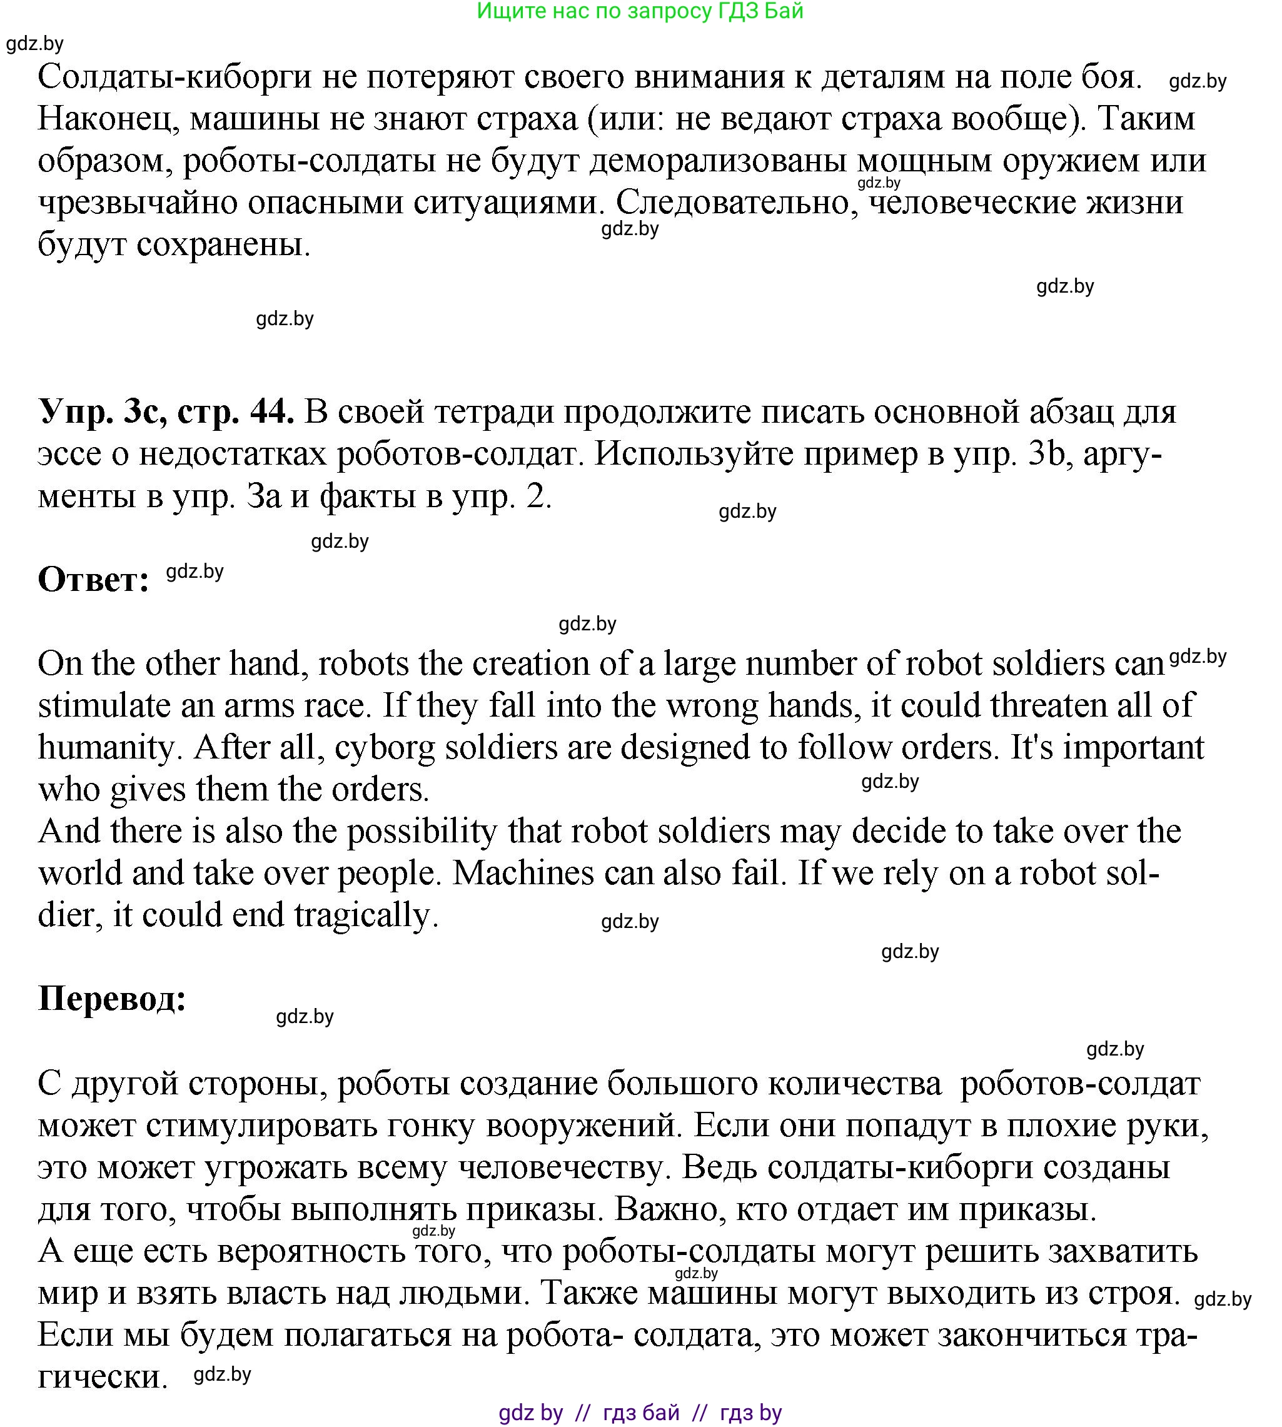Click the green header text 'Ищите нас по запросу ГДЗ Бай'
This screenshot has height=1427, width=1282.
click(x=640, y=11)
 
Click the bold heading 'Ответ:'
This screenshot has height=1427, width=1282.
click(x=93, y=580)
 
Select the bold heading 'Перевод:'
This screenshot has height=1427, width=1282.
click(x=112, y=998)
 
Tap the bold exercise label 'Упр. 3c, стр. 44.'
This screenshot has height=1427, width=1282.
click(x=166, y=411)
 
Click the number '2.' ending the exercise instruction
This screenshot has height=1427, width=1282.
click(x=539, y=497)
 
